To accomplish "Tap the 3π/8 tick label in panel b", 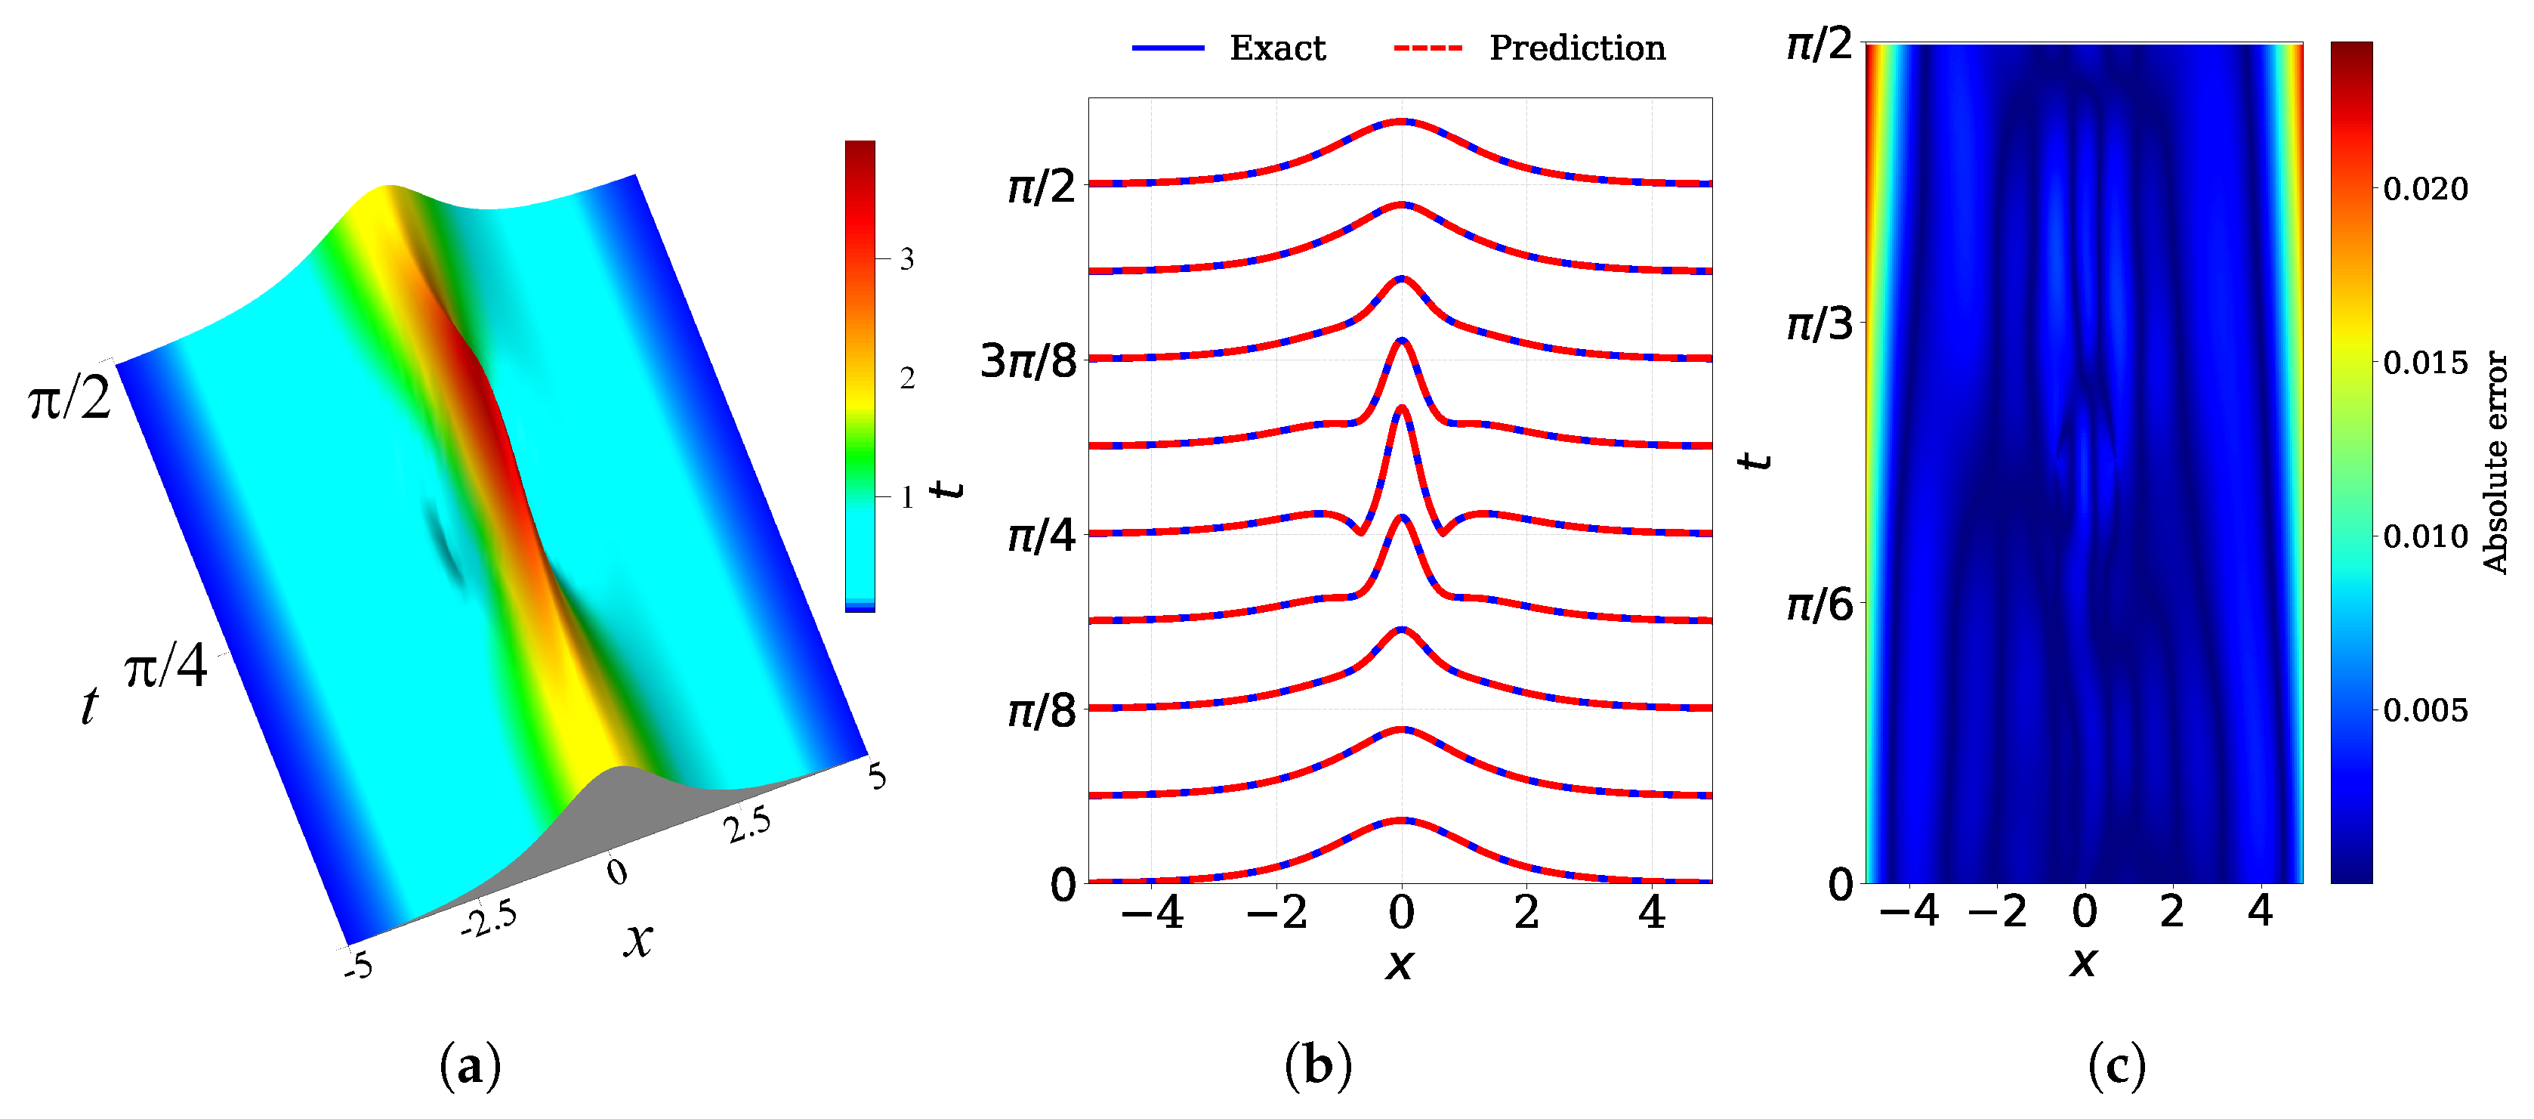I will tap(1029, 361).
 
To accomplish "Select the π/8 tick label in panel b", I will tap(1042, 709).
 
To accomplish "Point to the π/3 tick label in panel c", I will tap(1819, 324).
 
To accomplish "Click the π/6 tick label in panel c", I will tap(1819, 604).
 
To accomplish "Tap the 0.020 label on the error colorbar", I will tap(2424, 189).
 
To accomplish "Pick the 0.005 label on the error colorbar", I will tap(2424, 709).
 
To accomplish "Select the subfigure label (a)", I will tap(471, 1066).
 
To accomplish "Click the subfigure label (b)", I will tap(1318, 1066).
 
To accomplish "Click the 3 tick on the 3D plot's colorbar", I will tap(907, 259).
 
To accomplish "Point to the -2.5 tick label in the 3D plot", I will tap(489, 920).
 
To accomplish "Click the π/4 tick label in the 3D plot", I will tap(165, 667).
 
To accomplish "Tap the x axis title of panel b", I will tap(1399, 962).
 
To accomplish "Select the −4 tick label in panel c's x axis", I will tap(1909, 911).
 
